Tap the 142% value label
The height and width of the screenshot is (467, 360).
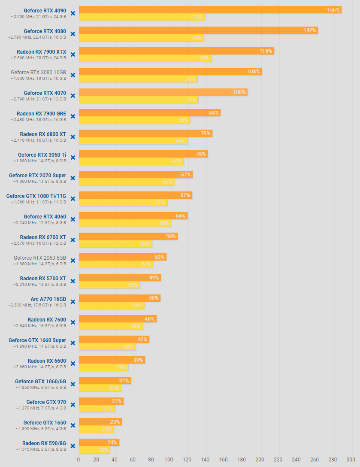(x=309, y=30)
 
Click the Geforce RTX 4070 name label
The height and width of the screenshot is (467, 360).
(x=45, y=93)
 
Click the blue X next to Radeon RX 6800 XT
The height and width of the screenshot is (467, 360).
(x=73, y=137)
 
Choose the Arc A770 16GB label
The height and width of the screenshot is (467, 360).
(x=48, y=299)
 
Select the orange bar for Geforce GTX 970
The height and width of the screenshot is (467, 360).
(x=101, y=401)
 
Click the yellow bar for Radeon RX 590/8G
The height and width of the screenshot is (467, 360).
(x=94, y=450)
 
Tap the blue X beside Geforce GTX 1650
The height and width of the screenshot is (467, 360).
(x=73, y=425)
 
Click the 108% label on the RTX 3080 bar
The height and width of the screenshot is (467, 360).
(x=254, y=72)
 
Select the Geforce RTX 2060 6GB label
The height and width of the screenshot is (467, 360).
(x=40, y=258)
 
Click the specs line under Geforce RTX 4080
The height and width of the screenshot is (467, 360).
(x=37, y=37)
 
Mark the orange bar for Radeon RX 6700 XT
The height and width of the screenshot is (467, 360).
(x=128, y=237)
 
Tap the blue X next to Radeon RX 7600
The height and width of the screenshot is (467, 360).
(x=73, y=322)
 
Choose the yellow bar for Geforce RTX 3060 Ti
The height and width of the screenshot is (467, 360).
(x=131, y=161)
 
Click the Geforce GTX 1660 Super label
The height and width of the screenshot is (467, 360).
(x=37, y=340)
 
